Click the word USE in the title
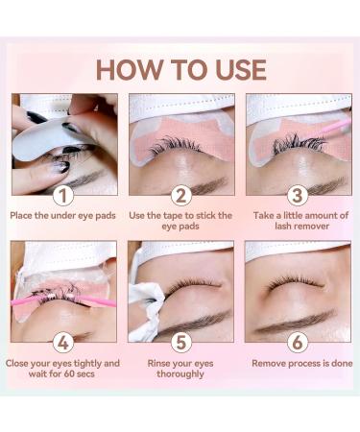tap(241, 69)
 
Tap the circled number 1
tap(63, 196)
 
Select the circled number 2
tap(181, 196)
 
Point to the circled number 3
tap(298, 196)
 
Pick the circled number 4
tap(63, 343)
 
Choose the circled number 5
tap(181, 343)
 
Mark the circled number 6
tap(298, 343)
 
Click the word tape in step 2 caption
tap(173, 216)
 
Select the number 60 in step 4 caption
tap(69, 373)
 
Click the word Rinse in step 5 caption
tap(158, 364)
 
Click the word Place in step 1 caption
tap(21, 216)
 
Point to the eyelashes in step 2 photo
tap(176, 145)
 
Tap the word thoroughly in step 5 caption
tap(180, 374)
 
